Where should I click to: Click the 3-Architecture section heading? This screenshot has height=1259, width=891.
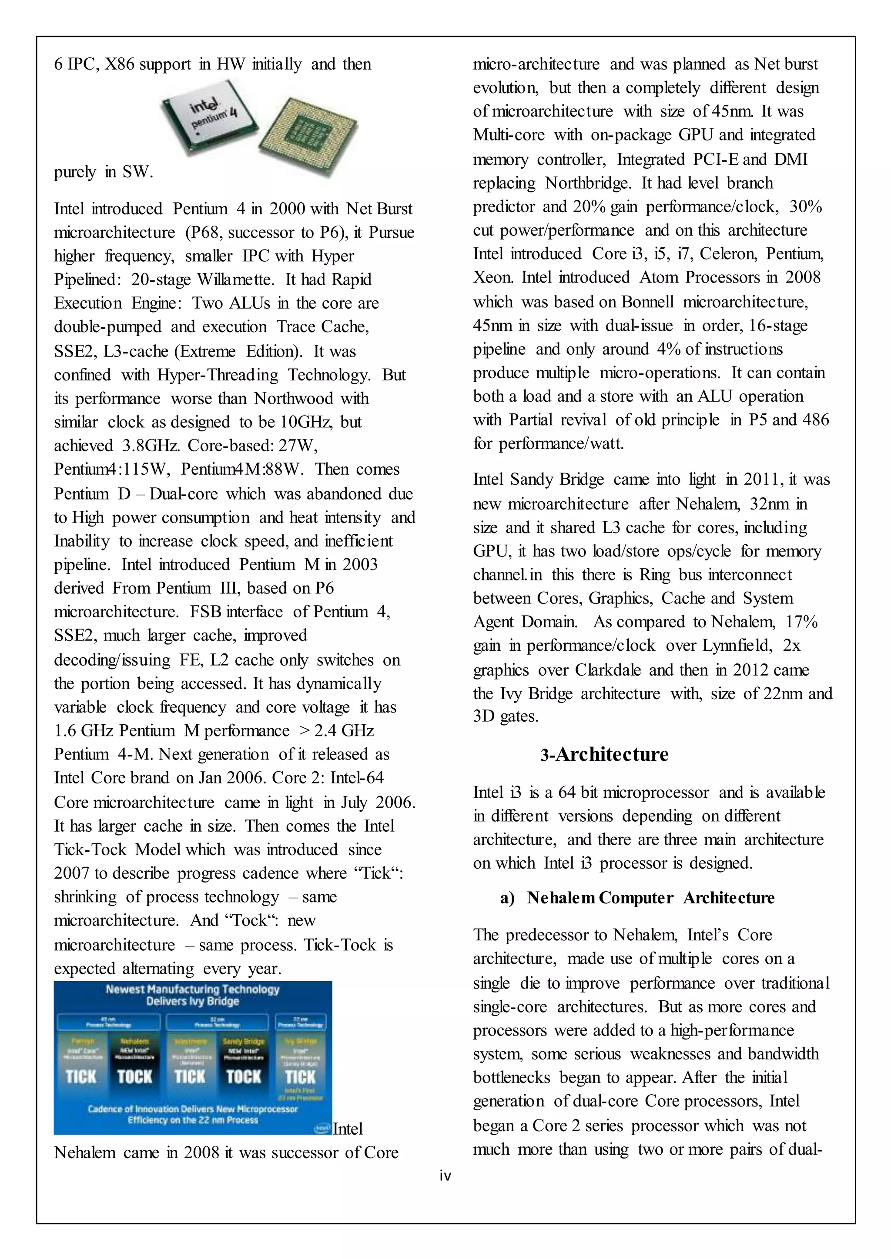tap(604, 755)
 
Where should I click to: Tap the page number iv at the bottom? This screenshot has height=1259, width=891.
tap(445, 1176)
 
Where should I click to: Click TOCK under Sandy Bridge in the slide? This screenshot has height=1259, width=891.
tap(244, 1077)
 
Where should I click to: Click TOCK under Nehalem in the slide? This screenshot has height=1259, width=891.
tap(134, 1077)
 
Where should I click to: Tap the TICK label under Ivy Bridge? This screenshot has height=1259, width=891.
tap(300, 1077)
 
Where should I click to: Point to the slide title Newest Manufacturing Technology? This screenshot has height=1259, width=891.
tap(193, 990)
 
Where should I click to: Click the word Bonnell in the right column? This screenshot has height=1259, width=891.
tap(650, 302)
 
